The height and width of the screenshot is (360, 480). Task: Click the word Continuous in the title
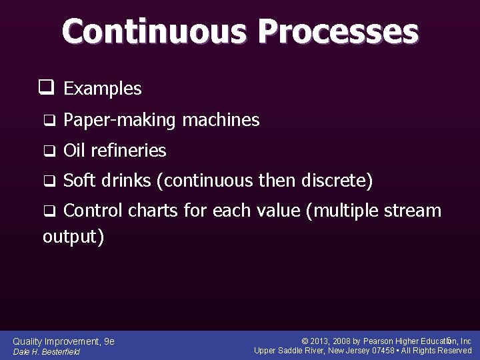tap(155, 31)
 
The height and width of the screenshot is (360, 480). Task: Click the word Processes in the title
tap(337, 32)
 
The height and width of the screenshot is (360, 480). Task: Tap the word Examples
tap(103, 88)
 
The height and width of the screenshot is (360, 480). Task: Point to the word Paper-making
tap(119, 121)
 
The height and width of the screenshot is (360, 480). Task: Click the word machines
tap(221, 120)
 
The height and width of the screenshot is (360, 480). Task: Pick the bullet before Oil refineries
tap(48, 151)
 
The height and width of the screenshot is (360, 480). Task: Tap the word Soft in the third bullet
tap(79, 181)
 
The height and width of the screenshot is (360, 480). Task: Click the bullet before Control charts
tap(48, 212)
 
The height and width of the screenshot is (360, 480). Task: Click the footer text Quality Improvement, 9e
tap(63, 341)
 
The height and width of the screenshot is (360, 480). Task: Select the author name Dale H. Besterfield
tap(47, 351)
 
